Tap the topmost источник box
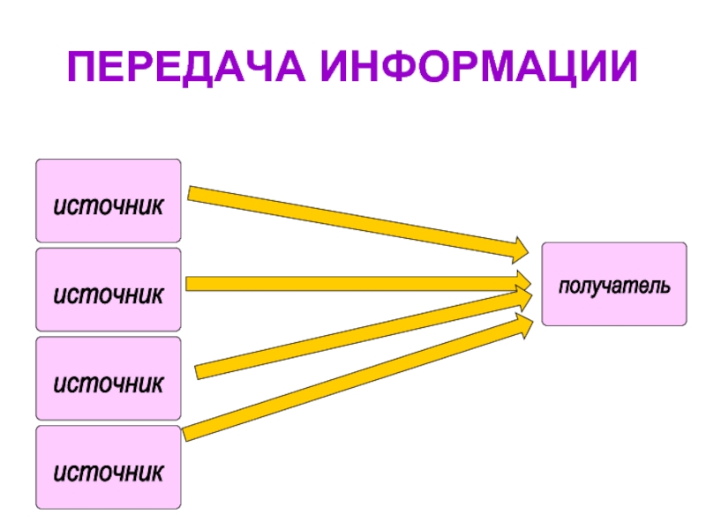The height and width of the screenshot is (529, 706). [x=108, y=200]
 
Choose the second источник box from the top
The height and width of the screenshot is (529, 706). [x=108, y=289]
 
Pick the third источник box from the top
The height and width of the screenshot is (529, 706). [x=108, y=378]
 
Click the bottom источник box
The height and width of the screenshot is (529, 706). [x=108, y=467]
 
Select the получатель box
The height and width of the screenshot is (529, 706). [x=613, y=284]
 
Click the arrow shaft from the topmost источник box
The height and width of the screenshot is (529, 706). [x=353, y=220]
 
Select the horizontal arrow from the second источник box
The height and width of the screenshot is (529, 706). [x=353, y=284]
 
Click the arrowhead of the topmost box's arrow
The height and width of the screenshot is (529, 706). [x=519, y=249]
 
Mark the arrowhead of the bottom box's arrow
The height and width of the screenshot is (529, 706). [x=522, y=325]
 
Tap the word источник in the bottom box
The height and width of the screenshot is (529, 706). [x=108, y=473]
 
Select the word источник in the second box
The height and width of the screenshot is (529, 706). [x=108, y=294]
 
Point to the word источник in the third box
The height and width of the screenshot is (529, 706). [x=108, y=384]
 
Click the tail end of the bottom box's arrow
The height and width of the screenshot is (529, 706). [x=188, y=433]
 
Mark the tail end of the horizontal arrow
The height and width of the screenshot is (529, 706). [x=192, y=284]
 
